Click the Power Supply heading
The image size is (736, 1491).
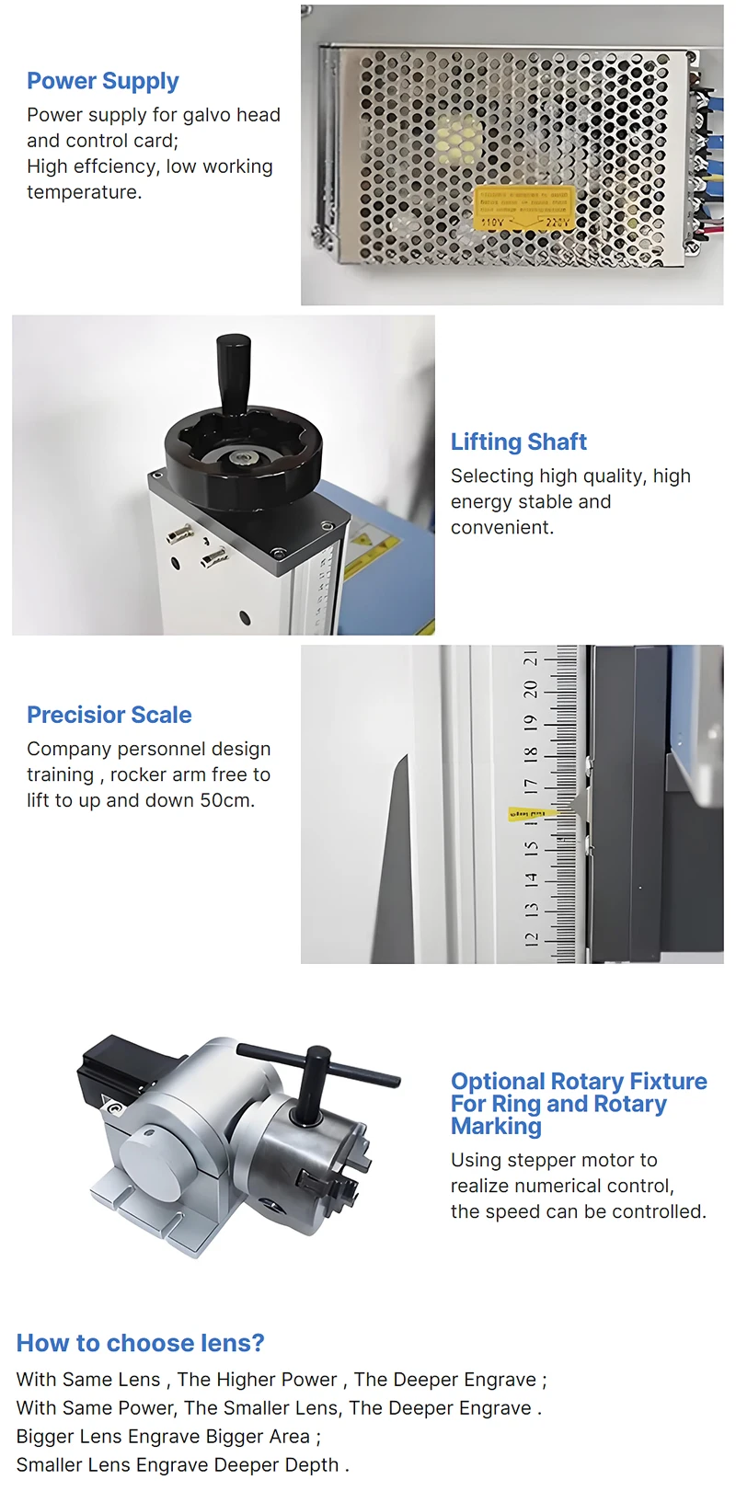[102, 81]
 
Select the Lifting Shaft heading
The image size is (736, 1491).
[518, 442]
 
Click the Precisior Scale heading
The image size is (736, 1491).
[109, 715]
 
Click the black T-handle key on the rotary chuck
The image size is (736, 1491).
[318, 1072]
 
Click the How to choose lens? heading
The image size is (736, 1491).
[140, 1343]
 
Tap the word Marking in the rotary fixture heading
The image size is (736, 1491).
[496, 1126]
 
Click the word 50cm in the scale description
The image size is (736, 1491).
[226, 800]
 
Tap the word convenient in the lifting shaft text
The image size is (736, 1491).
[501, 527]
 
